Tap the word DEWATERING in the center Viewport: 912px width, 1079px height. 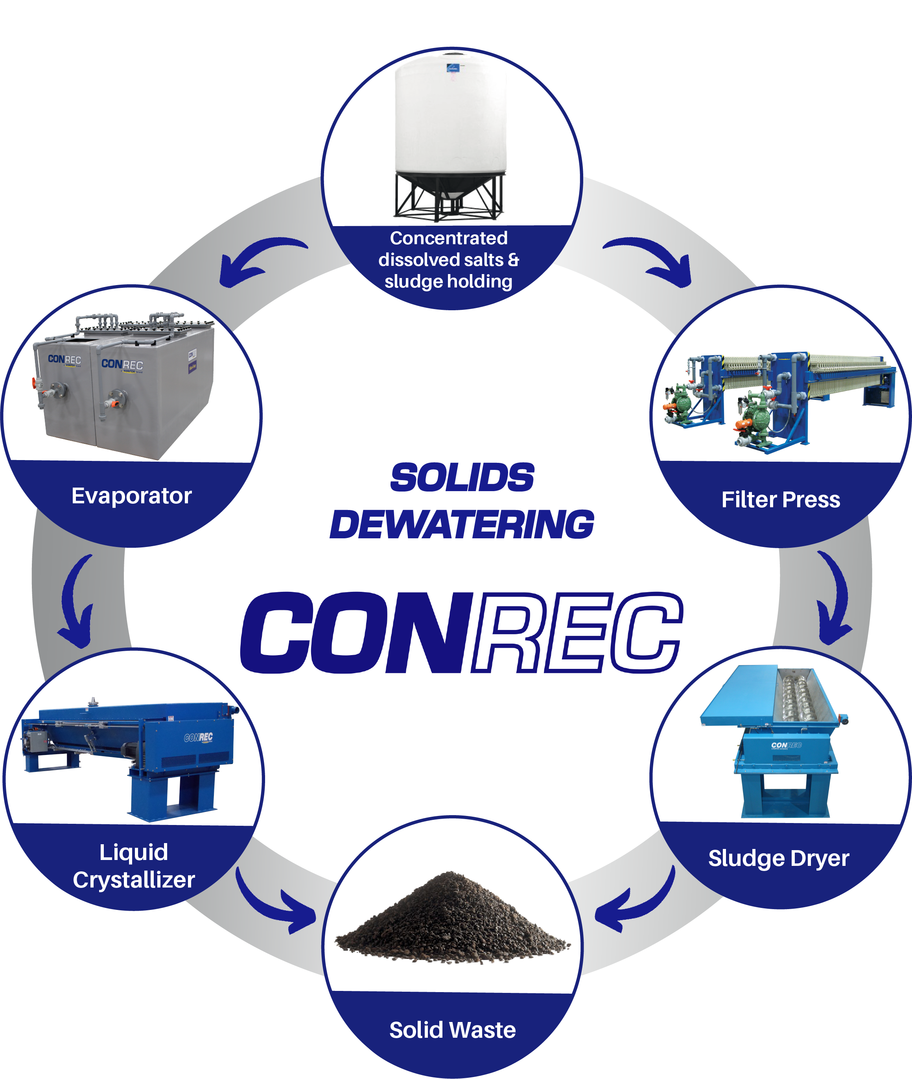click(x=462, y=524)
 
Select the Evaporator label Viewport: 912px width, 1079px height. click(x=131, y=496)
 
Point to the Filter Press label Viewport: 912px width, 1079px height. click(x=781, y=500)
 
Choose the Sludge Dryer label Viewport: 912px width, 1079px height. click(x=778, y=858)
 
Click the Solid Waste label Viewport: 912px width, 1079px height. click(x=452, y=1030)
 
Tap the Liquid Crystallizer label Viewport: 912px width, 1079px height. click(x=134, y=866)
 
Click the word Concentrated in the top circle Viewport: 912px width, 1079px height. click(x=449, y=238)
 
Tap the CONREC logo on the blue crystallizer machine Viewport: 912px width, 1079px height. click(x=199, y=737)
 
